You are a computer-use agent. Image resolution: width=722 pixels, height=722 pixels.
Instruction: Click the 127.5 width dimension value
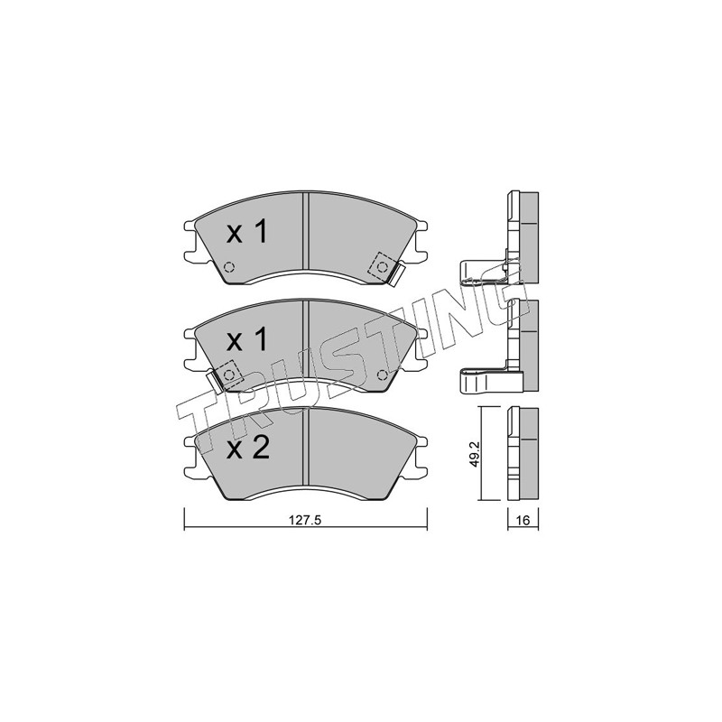304,521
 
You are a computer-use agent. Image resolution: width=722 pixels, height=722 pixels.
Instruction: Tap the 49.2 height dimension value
476,454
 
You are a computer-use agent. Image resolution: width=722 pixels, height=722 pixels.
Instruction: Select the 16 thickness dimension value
523,521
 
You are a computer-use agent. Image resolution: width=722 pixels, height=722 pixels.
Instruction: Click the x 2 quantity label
247,448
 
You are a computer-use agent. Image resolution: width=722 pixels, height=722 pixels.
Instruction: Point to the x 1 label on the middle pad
247,340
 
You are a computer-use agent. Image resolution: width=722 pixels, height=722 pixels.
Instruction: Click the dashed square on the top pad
382,266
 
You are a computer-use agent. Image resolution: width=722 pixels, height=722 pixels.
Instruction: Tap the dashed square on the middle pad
229,375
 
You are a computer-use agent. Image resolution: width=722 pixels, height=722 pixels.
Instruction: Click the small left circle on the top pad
228,266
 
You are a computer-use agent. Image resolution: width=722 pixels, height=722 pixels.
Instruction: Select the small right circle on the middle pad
382,375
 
